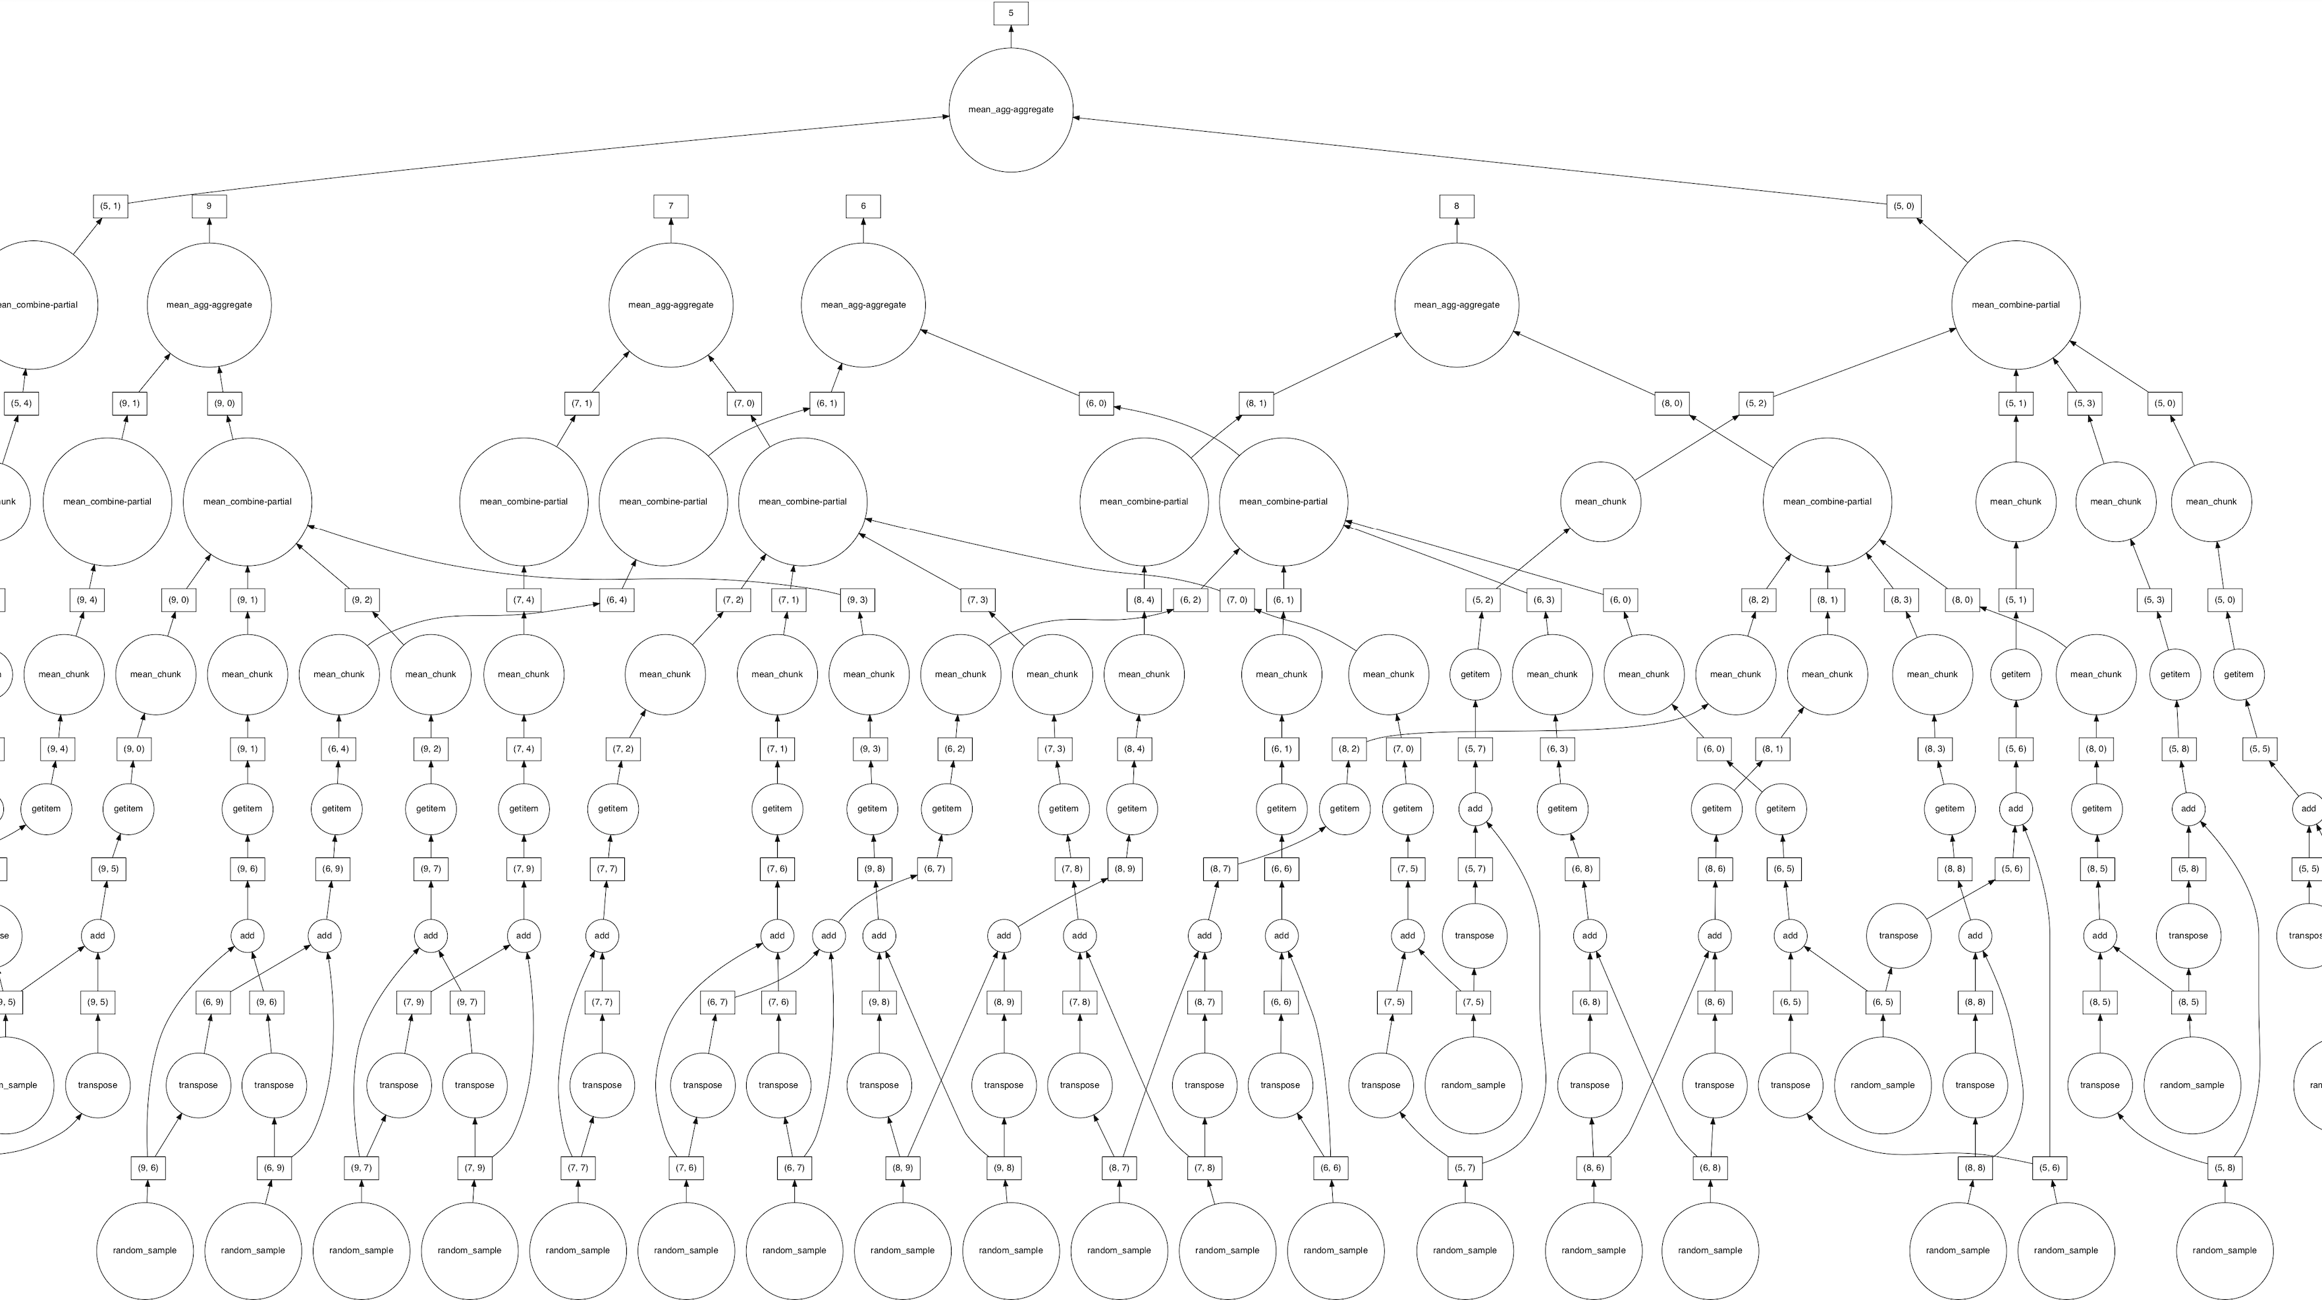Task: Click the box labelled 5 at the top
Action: pyautogui.click(x=1010, y=14)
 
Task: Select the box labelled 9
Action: pyautogui.click(x=209, y=206)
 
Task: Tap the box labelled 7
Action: pyautogui.click(x=670, y=206)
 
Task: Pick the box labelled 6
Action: pyautogui.click(x=863, y=206)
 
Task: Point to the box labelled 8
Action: pyautogui.click(x=1457, y=206)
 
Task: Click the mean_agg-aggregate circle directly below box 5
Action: pyautogui.click(x=1010, y=110)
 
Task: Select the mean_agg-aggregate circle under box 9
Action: pyautogui.click(x=209, y=305)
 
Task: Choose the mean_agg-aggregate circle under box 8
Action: pyautogui.click(x=1457, y=305)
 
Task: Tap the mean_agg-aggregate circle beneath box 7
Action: pyautogui.click(x=670, y=305)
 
